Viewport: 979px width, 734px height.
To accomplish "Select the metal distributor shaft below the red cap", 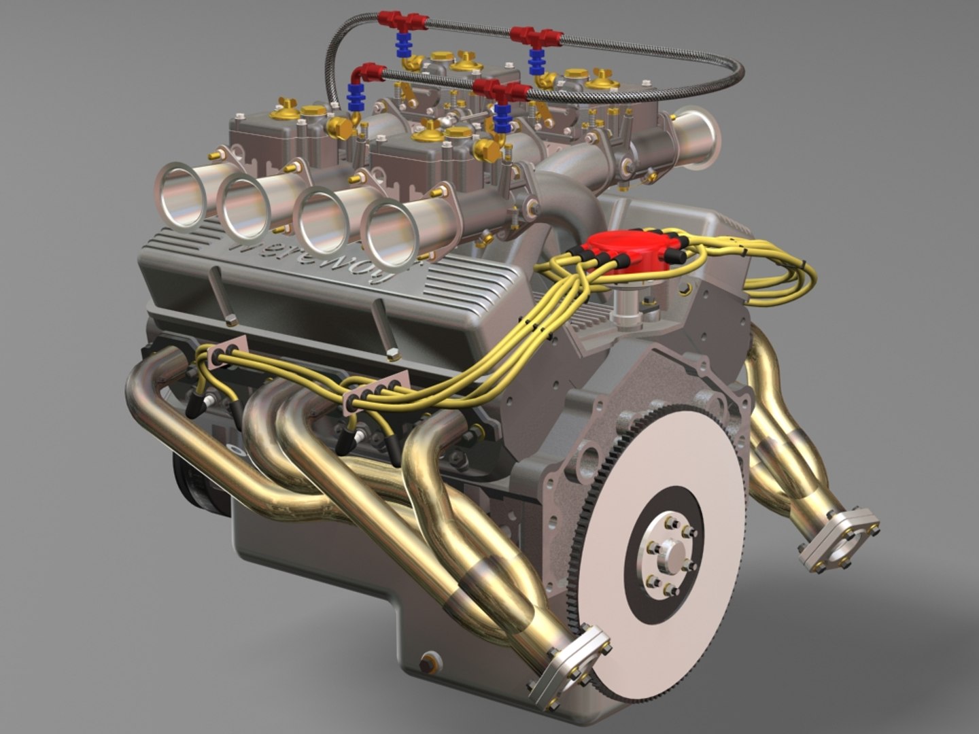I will (x=622, y=300).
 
